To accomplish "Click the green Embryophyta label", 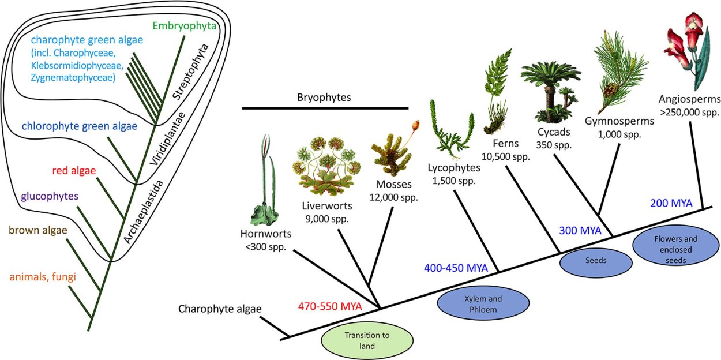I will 184,27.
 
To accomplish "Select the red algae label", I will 74,170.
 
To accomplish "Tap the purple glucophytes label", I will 49,196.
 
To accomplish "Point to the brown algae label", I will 37,230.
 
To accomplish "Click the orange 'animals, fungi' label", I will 43,276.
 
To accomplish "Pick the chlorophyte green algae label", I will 72,126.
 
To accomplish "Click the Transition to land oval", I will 367,341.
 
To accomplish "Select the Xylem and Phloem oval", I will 483,304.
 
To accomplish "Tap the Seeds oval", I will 596,261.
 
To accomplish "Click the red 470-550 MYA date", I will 329,306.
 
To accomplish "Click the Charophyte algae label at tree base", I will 220,309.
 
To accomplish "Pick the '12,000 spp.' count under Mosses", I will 395,197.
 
